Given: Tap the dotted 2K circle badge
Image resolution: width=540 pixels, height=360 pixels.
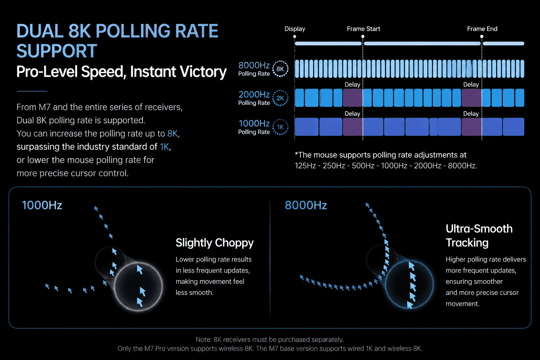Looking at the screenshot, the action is pos(280,98).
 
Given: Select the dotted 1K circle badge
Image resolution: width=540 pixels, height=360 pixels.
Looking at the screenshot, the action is pos(280,127).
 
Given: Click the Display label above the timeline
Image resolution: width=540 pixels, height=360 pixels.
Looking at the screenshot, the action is pos(295,29).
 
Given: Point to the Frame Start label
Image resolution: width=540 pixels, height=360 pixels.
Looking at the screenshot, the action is pos(363,29).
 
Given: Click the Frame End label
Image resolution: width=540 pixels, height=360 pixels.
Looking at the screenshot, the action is pos(482,29).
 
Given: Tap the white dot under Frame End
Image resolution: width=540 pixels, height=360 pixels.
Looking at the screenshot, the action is pos(482,37).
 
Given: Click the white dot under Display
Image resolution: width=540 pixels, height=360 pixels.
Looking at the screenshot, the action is pos(295,37).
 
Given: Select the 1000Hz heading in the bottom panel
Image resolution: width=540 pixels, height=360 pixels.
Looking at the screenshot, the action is pos(42,205).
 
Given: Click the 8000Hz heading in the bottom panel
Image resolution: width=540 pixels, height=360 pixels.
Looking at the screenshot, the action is pos(306,205).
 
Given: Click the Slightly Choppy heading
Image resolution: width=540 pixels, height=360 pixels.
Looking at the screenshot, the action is pos(214,243).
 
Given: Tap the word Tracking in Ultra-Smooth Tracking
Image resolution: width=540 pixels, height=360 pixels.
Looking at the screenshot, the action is pos(467,243).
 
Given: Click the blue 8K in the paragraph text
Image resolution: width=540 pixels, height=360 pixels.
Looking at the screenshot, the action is pos(173,133).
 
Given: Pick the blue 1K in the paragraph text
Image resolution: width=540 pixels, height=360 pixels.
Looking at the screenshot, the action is pos(165,147).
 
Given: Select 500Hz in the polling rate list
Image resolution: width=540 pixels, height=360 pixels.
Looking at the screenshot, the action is pos(363,166).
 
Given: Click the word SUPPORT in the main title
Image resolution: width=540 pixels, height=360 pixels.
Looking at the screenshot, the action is pos(57,51).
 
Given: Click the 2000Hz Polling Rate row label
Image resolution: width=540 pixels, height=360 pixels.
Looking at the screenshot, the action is pos(254,98).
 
